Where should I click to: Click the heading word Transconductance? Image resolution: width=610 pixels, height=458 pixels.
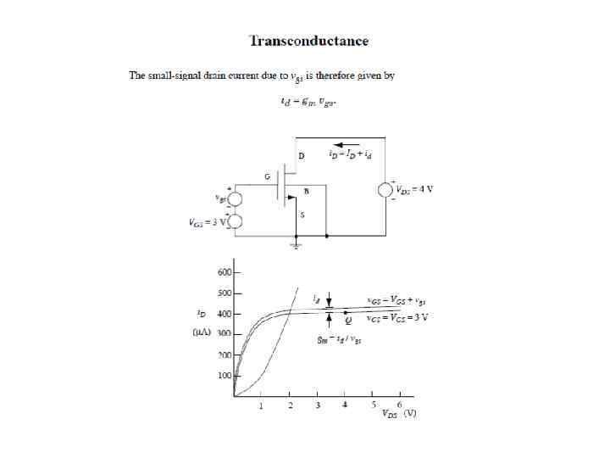click(308, 41)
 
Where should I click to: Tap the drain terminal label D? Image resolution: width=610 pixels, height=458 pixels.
click(302, 157)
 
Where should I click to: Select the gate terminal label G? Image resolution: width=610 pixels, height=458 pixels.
click(268, 176)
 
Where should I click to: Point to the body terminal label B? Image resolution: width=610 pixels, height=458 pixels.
click(306, 192)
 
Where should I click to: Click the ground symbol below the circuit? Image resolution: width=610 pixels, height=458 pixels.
click(295, 246)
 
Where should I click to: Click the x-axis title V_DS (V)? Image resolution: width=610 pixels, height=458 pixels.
click(397, 416)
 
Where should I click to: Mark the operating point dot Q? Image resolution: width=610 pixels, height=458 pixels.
click(345, 314)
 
